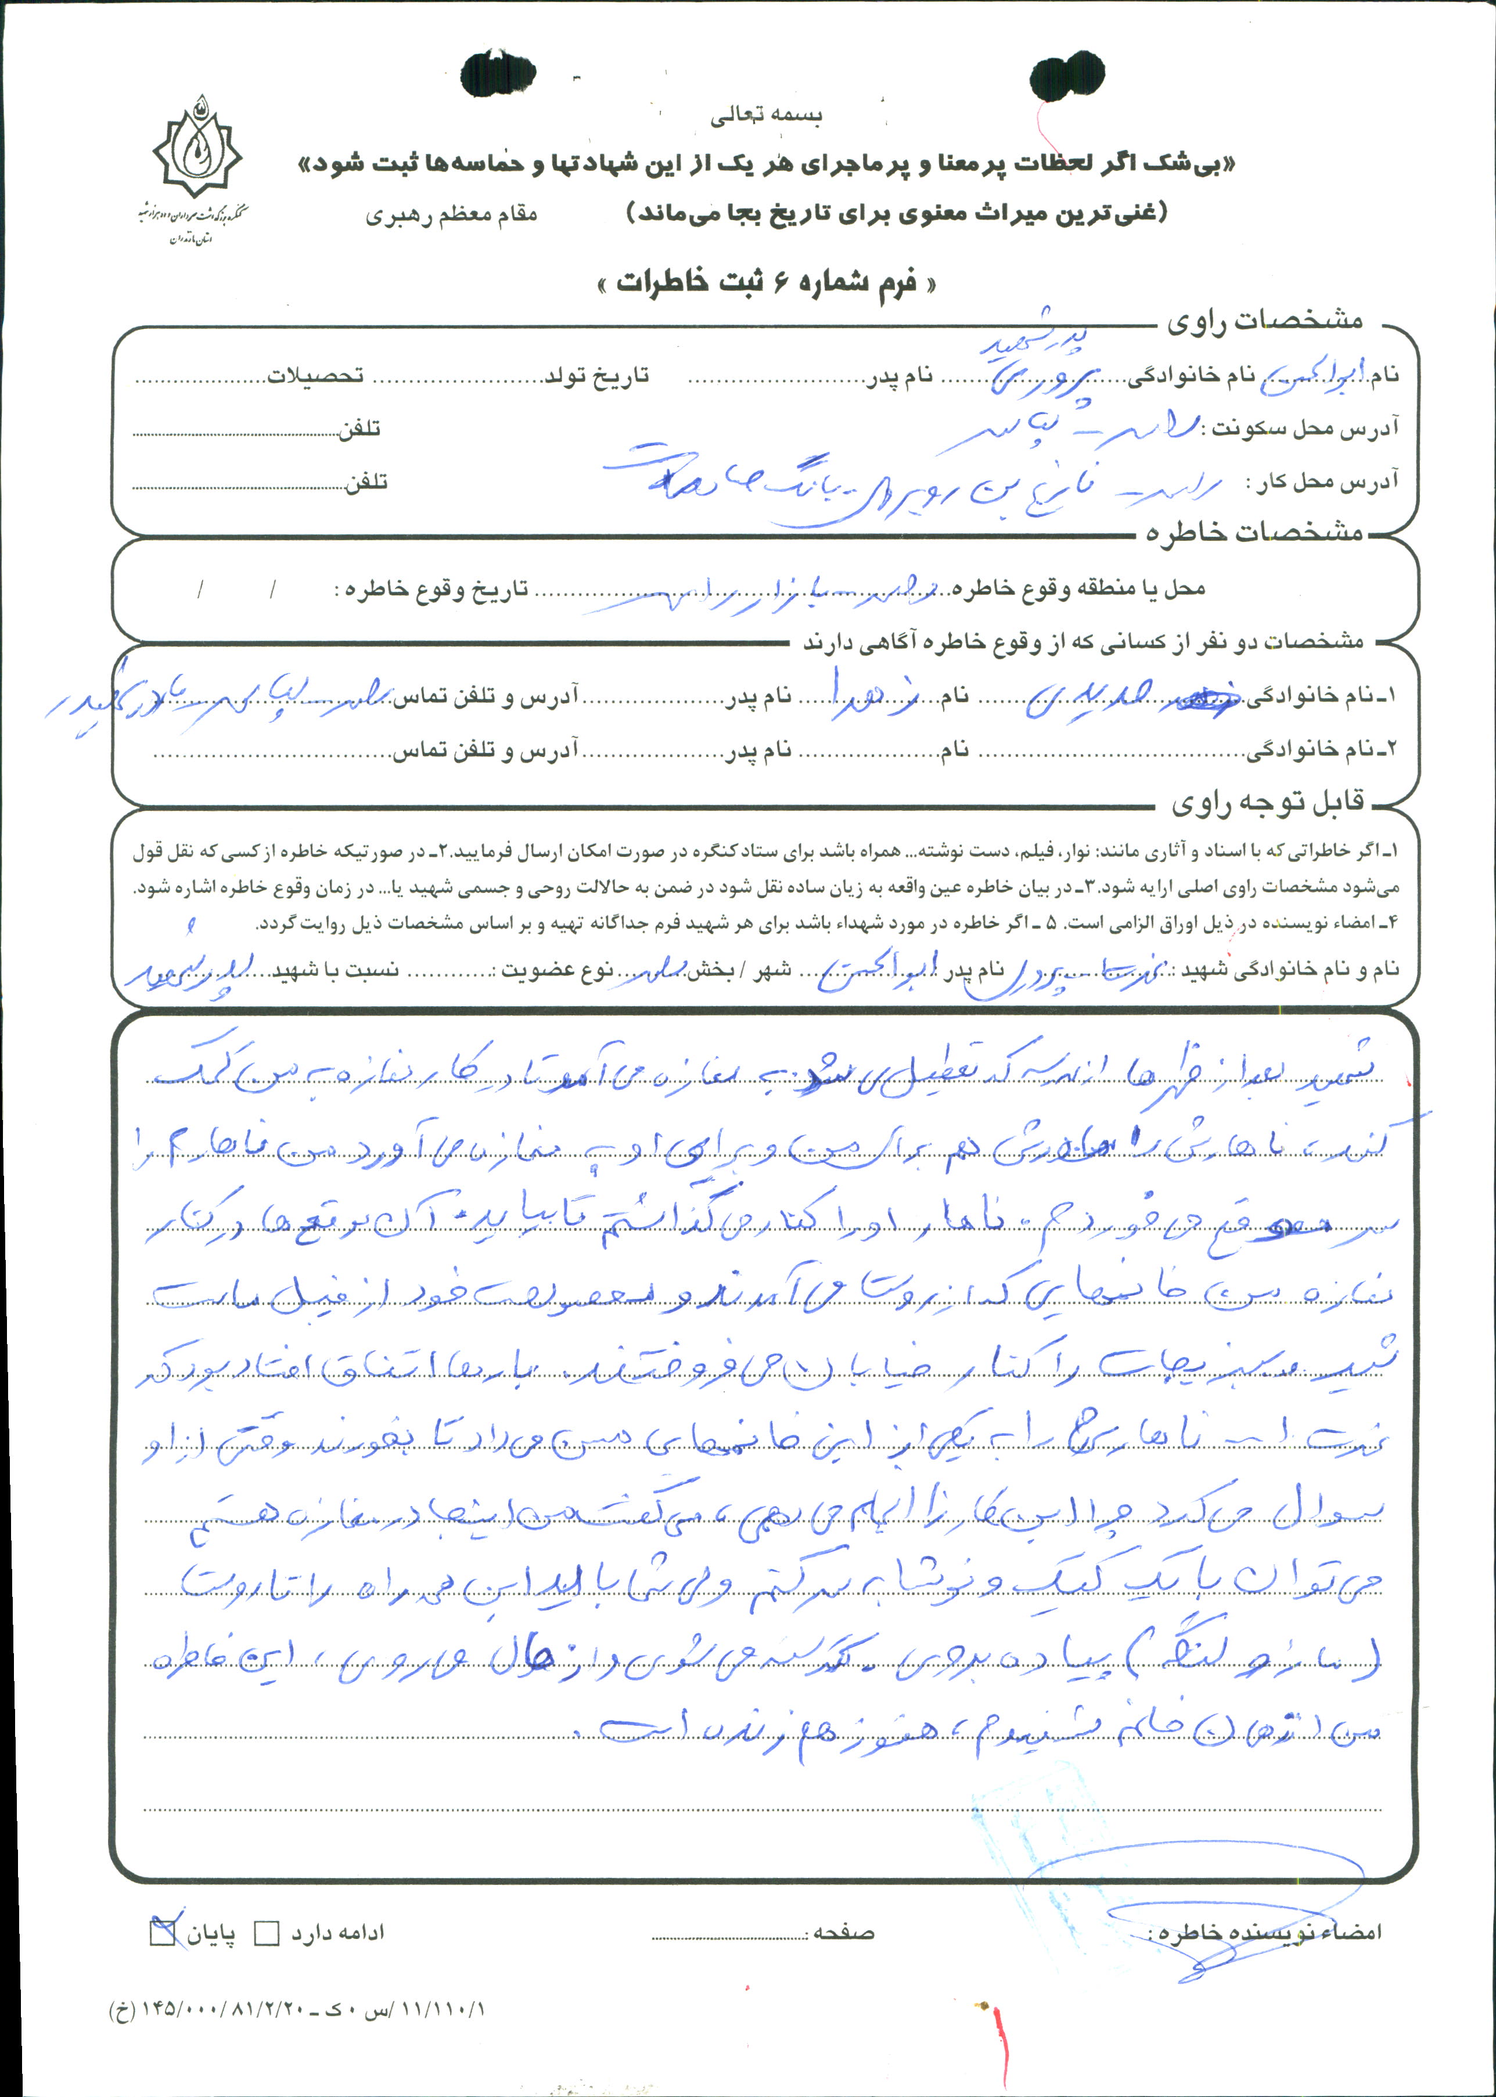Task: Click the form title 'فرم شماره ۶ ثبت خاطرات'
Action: (767, 282)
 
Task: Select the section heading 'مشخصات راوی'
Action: (1264, 322)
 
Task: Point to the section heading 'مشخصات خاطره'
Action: (1254, 533)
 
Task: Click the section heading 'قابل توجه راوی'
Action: (1267, 803)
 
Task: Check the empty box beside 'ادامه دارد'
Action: (266, 1932)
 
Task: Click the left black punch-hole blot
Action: (498, 74)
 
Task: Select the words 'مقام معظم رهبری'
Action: (451, 215)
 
